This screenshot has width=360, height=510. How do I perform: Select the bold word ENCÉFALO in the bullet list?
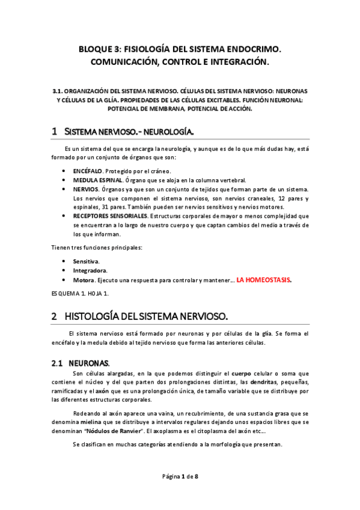pos(87,171)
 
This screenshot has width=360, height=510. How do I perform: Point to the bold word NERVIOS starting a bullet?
pos(86,189)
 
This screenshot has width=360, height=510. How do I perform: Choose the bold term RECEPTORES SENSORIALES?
pos(110,216)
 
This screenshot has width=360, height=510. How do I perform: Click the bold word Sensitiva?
pos(87,262)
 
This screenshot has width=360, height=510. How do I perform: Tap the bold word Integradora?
pos(90,271)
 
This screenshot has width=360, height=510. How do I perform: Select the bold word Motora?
pos(83,280)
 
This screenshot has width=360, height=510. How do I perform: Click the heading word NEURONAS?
pos(89,363)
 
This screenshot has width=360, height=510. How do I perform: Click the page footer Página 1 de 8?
pos(180,476)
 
